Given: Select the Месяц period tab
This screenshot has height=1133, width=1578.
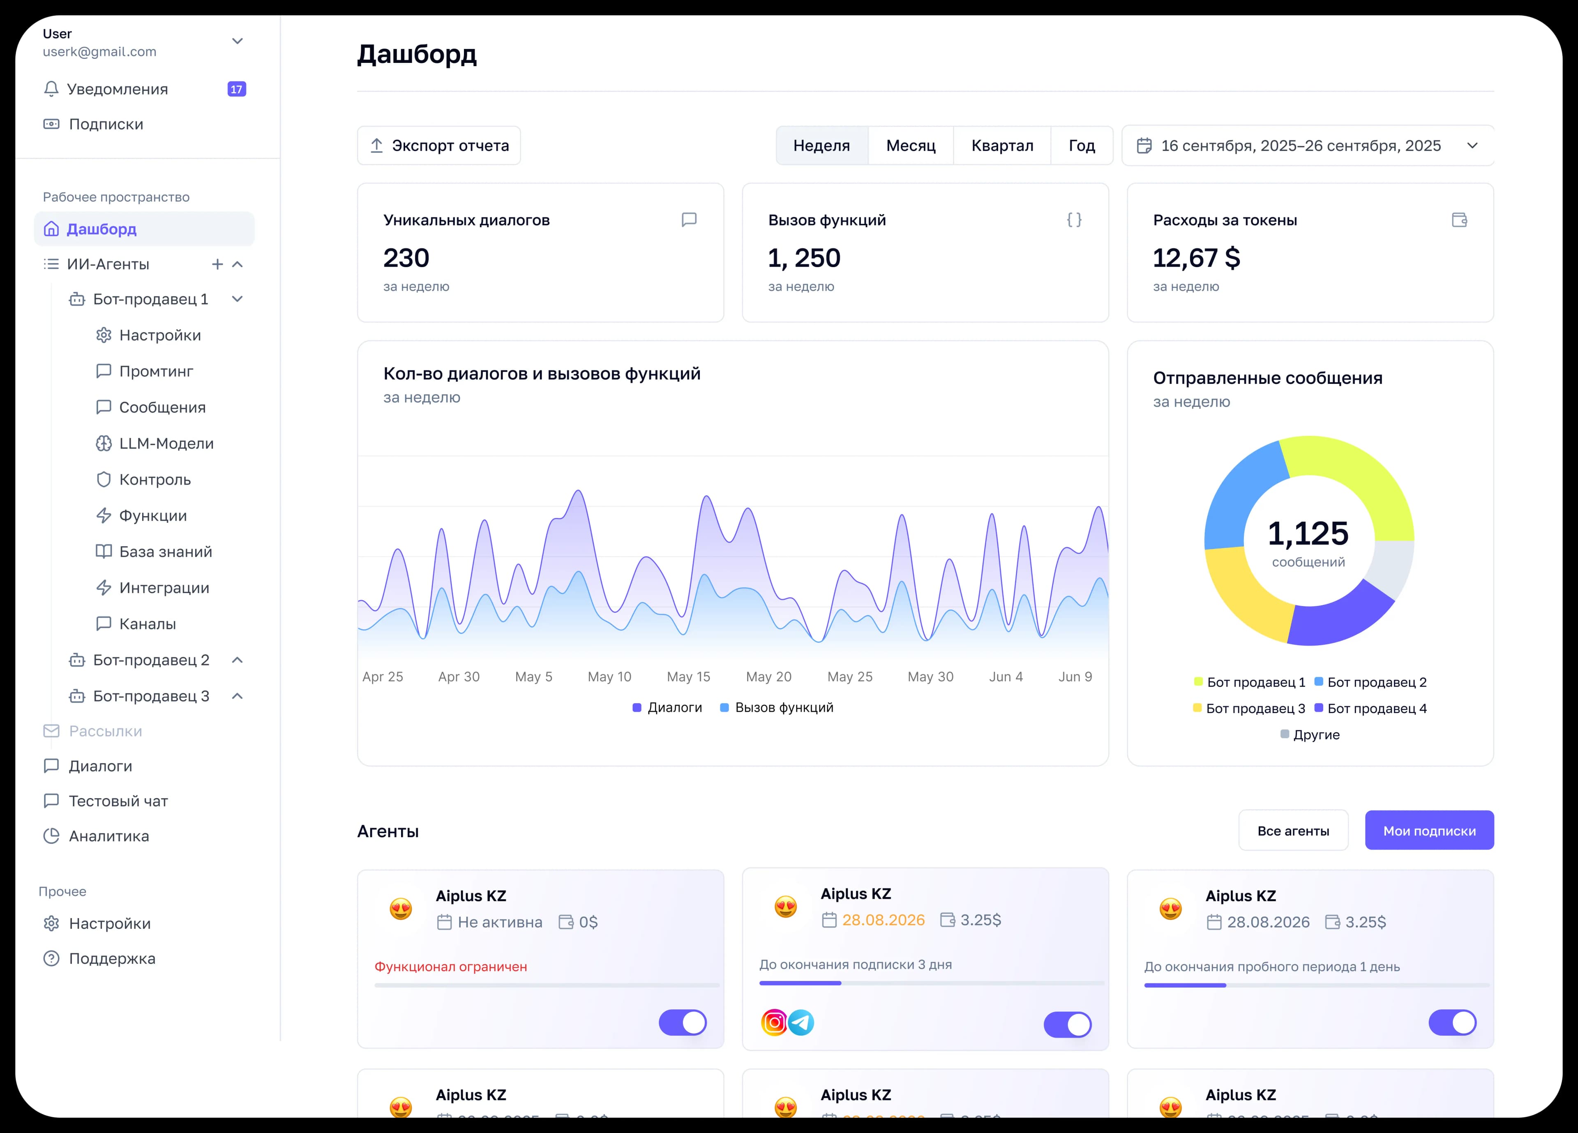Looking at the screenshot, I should pos(910,145).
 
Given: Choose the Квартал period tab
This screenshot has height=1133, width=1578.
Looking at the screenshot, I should pos(1002,145).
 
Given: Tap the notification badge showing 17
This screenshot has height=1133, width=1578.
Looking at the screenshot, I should pos(237,89).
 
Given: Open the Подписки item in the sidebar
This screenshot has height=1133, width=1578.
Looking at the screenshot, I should pos(106,124).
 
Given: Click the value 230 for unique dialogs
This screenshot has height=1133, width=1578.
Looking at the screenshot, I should pos(406,258).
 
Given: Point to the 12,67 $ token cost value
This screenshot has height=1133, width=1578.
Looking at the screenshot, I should pos(1196,258).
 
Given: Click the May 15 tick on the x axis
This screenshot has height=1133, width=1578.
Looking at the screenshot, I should pos(688,676).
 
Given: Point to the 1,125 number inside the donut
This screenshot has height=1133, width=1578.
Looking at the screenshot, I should pos(1308,534).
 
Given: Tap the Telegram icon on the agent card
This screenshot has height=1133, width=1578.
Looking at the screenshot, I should pos(801,1022).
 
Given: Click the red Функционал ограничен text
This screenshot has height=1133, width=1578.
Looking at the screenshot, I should pos(451,967).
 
